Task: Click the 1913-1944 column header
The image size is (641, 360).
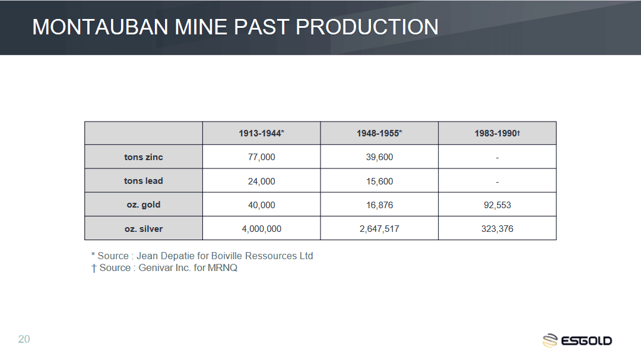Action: pos(261,133)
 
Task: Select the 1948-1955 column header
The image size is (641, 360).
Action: pos(379,133)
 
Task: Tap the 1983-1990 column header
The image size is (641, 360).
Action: pos(497,133)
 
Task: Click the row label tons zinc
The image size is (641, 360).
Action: pos(144,157)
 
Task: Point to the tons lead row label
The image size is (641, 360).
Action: pos(144,181)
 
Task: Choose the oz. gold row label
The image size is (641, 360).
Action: pos(144,205)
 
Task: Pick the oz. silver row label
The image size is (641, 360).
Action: pos(144,228)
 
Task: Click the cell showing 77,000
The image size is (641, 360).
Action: pos(261,157)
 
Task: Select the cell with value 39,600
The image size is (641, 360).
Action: pos(379,157)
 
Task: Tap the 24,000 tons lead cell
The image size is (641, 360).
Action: pos(261,181)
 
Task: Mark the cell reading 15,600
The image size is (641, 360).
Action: pos(379,181)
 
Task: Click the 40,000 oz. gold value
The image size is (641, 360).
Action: pos(261,205)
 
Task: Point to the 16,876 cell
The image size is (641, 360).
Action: pos(379,205)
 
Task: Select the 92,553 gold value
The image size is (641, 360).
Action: pos(497,205)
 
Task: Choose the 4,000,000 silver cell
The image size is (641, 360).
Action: pos(261,229)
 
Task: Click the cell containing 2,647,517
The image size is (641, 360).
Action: pos(379,229)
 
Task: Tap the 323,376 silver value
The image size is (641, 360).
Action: pos(497,229)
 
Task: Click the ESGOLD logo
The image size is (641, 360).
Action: pos(577,340)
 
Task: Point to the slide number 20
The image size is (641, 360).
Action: pos(24,339)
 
